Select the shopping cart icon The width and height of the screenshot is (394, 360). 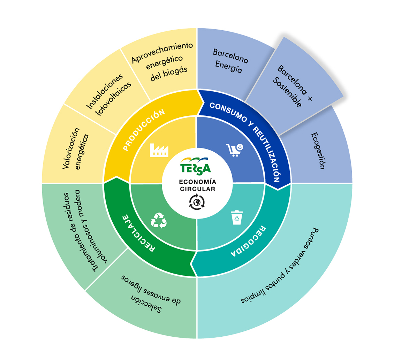(x=235, y=150)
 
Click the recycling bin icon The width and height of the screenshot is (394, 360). (x=237, y=217)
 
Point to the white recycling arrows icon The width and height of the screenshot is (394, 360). (x=159, y=220)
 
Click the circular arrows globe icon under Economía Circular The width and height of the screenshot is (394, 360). (x=197, y=202)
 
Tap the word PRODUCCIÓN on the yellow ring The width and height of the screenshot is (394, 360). (x=144, y=130)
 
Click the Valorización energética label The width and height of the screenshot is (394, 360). (x=76, y=148)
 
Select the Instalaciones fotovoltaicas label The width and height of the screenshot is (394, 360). (x=108, y=95)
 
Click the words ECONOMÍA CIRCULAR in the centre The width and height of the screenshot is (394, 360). (x=197, y=185)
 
